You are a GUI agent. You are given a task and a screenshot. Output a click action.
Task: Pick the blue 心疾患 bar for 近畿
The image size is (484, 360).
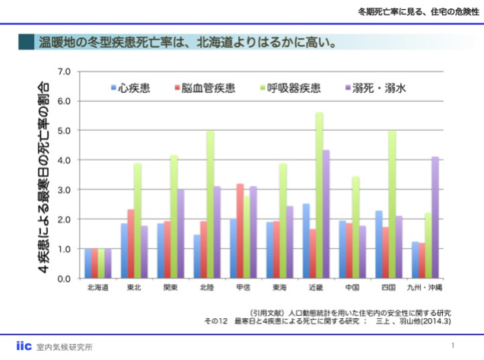click(306, 241)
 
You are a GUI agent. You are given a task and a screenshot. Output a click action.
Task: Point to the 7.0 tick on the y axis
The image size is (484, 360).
click(64, 72)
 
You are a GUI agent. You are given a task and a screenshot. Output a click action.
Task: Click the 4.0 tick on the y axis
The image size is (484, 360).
click(64, 160)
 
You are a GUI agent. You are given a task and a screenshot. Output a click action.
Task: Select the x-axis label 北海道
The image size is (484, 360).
click(97, 288)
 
